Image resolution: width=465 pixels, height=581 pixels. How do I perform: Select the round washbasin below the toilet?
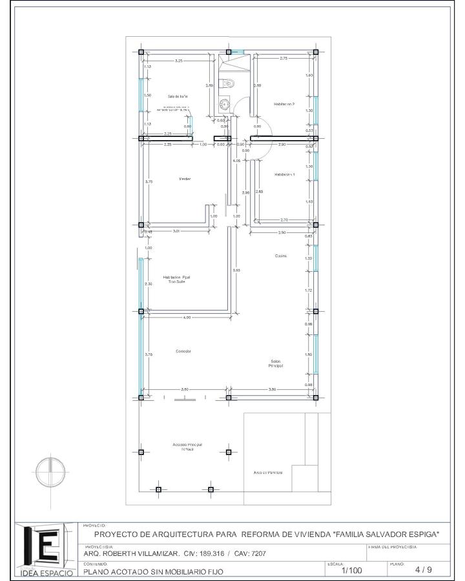(225, 103)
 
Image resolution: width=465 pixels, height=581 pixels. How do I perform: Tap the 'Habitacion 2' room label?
(284, 103)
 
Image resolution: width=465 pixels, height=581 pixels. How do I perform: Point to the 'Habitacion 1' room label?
(284, 174)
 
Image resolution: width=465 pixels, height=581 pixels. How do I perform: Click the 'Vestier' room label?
(185, 179)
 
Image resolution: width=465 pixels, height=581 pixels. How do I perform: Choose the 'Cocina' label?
(281, 256)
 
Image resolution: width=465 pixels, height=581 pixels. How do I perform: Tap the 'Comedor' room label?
(183, 351)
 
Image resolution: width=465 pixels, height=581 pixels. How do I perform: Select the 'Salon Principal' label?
(276, 363)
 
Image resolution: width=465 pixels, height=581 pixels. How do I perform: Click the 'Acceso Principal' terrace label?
(187, 447)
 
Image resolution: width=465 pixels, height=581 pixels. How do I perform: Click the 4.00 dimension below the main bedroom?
(187, 318)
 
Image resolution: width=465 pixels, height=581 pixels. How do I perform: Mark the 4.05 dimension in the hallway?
(237, 160)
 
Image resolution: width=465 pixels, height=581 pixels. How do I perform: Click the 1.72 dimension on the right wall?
(309, 290)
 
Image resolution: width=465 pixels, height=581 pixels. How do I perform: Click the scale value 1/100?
(351, 570)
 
